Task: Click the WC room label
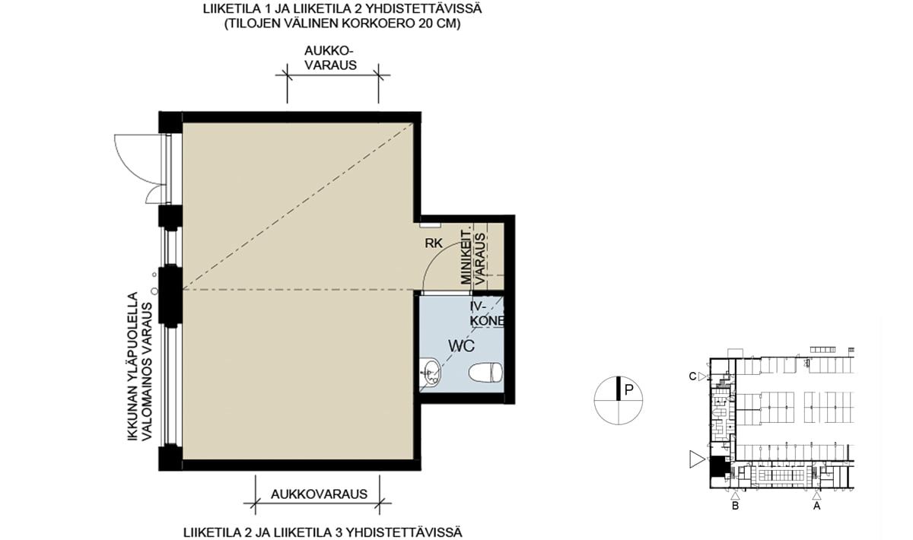point(461,345)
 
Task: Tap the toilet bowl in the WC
point(485,372)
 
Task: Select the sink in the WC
point(430,371)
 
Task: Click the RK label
point(433,243)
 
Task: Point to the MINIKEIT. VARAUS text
point(472,258)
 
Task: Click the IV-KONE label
point(487,314)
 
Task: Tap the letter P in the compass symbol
point(628,390)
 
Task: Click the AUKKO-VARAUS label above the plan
point(330,58)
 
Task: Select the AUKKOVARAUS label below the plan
point(319,494)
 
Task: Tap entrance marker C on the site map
point(697,376)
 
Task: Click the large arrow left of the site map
point(697,459)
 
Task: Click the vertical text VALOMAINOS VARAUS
point(146,371)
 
